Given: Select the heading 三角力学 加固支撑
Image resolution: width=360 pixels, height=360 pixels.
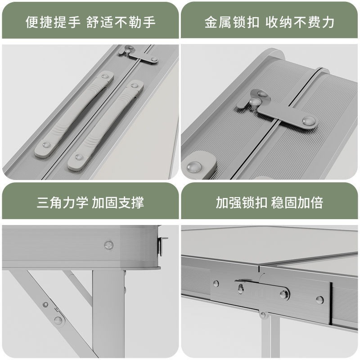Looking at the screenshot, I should [90, 202].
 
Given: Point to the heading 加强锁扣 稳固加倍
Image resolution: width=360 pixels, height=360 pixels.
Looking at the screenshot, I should [270, 202].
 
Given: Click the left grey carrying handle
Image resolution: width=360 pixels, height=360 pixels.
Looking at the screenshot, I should [73, 115].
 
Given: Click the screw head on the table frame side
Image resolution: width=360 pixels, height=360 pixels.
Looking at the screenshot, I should [108, 245].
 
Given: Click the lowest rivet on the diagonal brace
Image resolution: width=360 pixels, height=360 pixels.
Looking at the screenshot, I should [58, 321].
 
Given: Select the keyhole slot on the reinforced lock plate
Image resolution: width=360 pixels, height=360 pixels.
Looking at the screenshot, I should [240, 287].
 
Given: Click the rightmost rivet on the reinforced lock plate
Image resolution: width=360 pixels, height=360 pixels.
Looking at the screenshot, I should [319, 300].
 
